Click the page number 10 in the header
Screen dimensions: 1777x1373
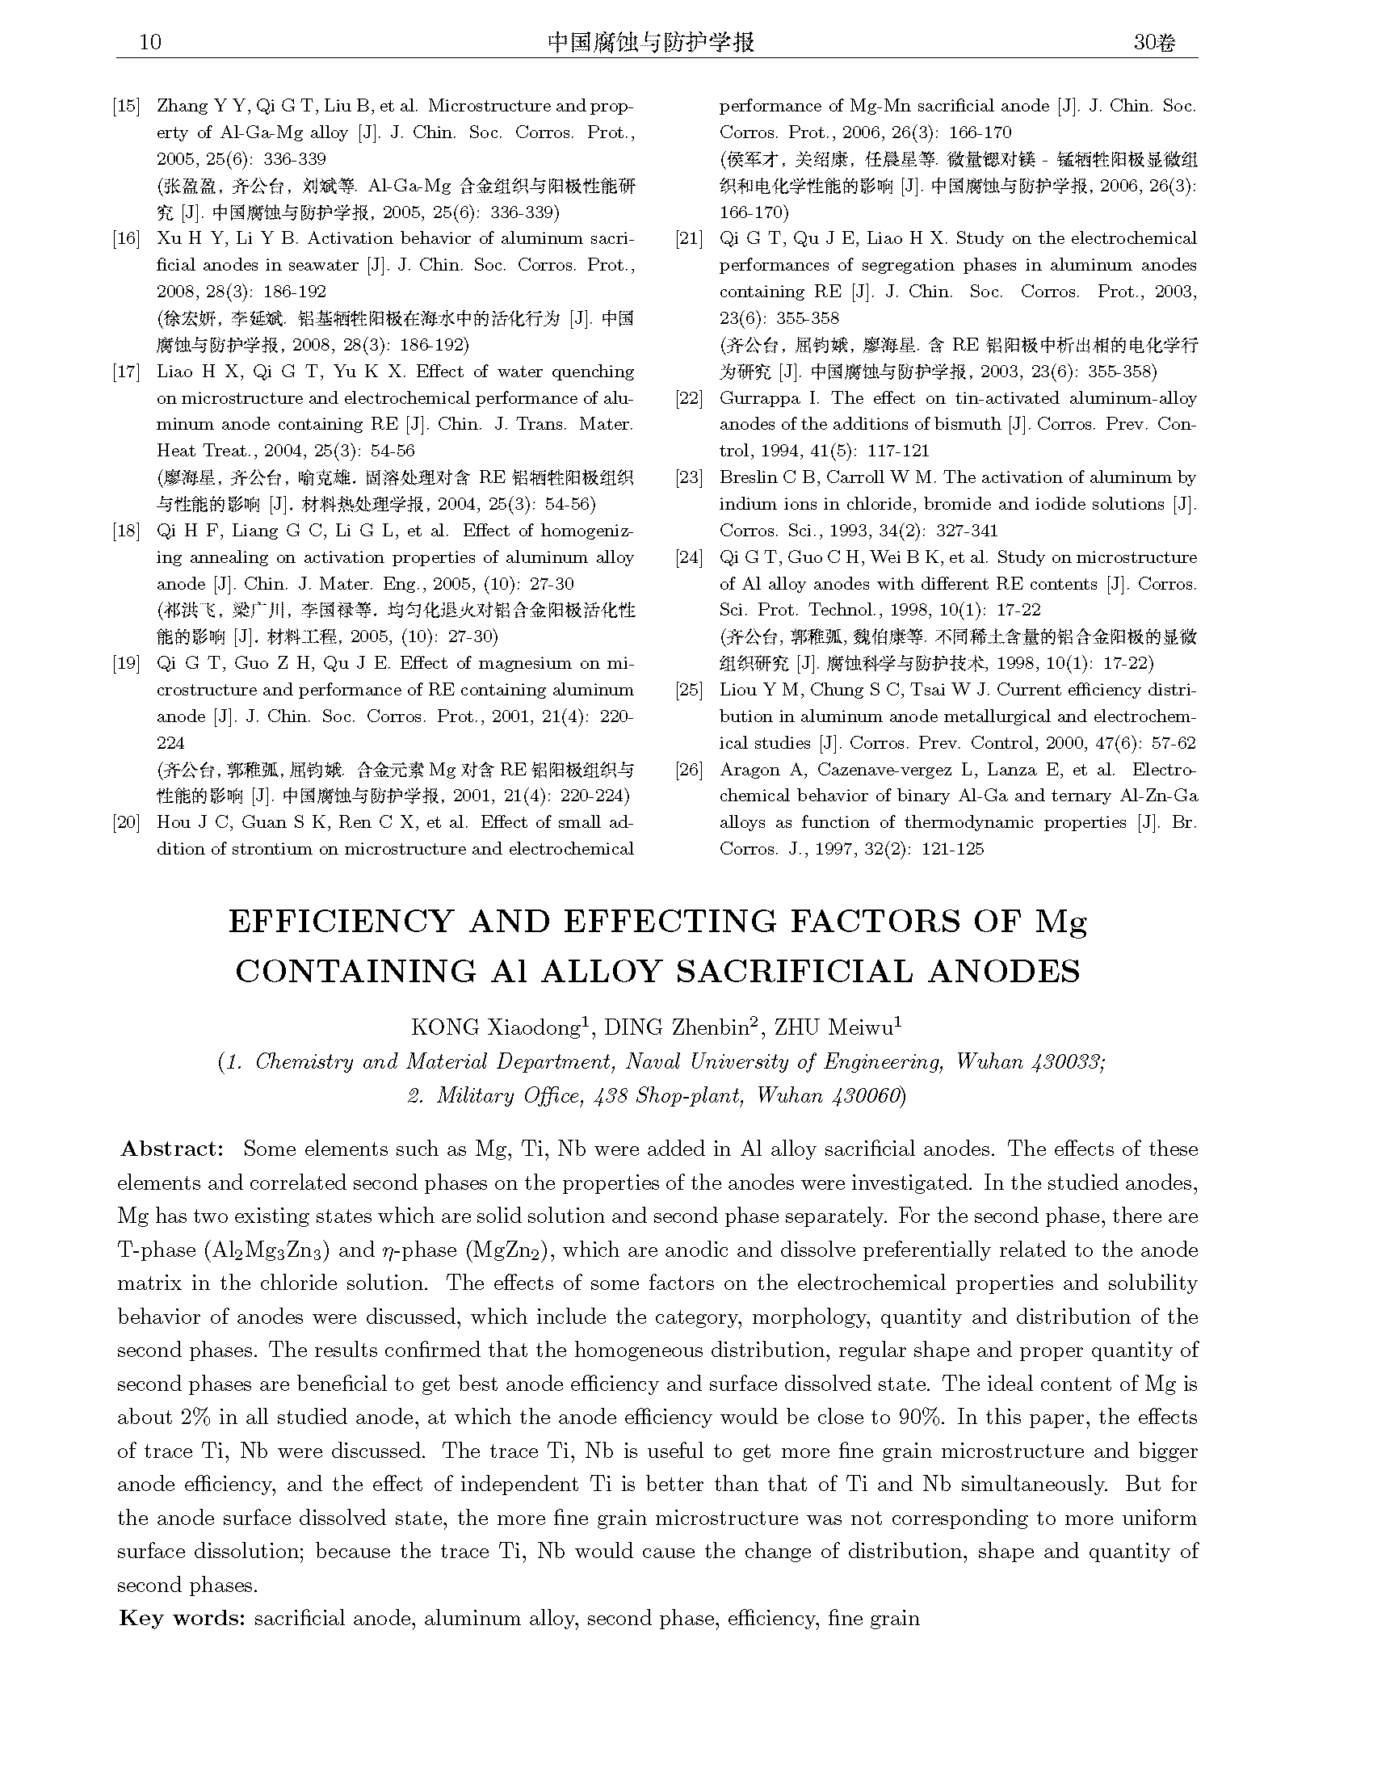pos(150,43)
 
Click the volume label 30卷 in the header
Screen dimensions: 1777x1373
pos(1154,43)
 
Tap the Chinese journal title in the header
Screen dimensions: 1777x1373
pos(651,42)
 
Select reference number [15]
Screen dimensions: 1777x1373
pos(127,106)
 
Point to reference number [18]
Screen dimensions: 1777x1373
pos(127,531)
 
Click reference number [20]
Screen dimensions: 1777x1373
pos(127,822)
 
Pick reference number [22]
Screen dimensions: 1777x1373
pos(689,399)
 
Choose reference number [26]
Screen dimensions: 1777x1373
pos(689,770)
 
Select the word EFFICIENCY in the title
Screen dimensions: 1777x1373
pos(340,921)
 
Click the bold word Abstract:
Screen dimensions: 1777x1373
pos(170,1149)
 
